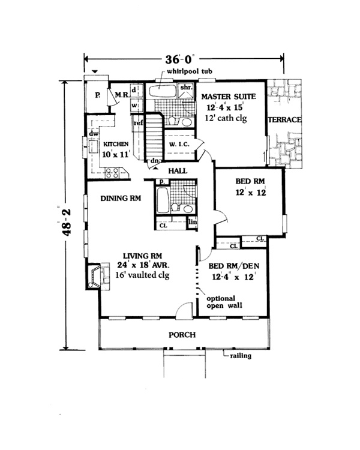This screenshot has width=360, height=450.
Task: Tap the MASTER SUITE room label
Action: (228, 97)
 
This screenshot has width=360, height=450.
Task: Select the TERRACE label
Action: (284, 120)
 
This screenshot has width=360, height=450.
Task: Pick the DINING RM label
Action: (121, 199)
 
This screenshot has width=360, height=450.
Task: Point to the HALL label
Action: (178, 171)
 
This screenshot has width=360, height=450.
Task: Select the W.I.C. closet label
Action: (179, 145)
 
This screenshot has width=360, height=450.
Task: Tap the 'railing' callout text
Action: (240, 356)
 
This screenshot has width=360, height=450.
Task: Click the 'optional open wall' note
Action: (220, 302)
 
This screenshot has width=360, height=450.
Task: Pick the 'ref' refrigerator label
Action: (138, 123)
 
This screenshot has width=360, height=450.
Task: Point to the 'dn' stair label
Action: (155, 161)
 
